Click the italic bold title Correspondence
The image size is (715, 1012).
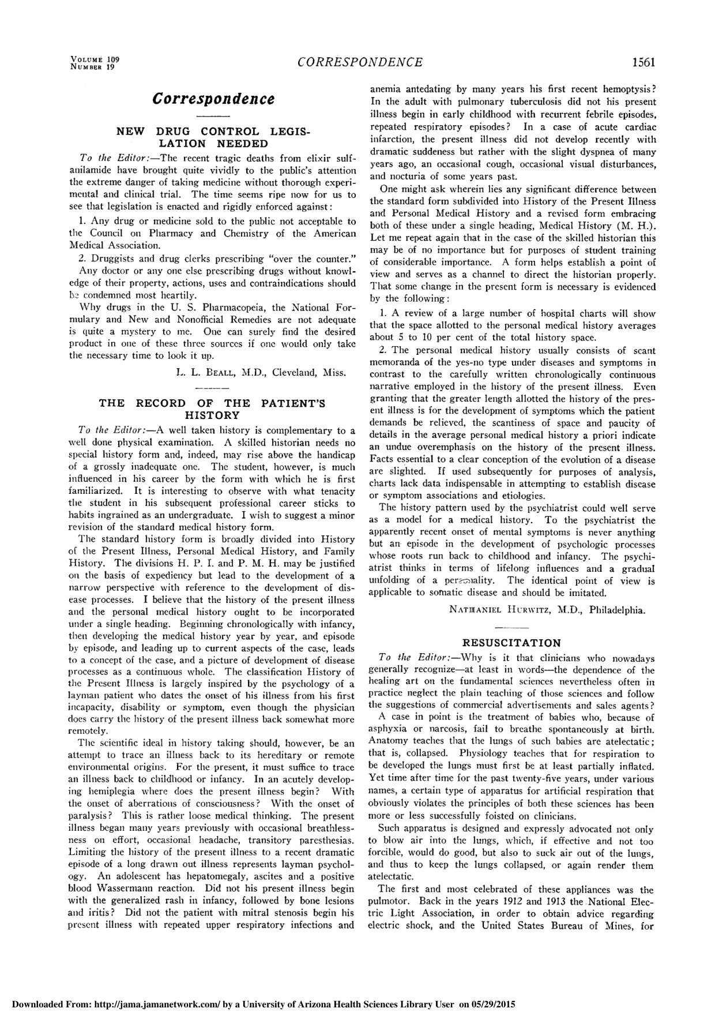[213, 98]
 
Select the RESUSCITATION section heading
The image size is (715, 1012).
[511, 643]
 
